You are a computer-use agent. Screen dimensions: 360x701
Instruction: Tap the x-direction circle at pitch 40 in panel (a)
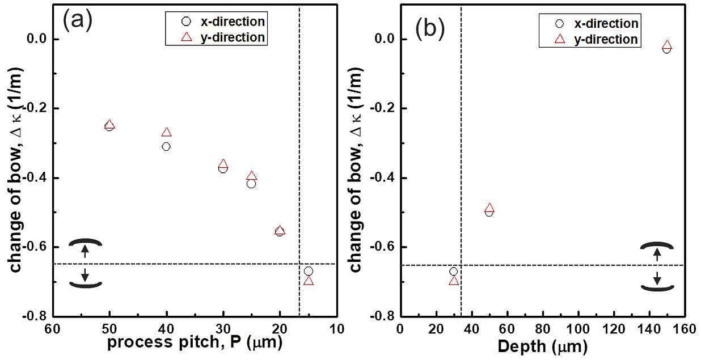pos(166,146)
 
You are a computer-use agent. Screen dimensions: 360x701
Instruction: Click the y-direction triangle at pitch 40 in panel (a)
pos(166,132)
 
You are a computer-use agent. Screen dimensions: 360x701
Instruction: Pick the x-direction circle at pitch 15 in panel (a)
pos(308,271)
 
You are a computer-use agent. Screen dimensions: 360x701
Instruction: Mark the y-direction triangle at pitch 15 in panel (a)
pos(308,281)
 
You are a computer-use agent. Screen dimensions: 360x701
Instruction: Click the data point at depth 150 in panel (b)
pos(667,47)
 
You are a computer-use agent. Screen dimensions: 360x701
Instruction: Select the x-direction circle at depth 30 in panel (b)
pos(453,272)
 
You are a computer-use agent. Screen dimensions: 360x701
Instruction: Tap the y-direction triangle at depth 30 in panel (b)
pos(453,280)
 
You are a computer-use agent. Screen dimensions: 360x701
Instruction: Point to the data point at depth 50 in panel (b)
pos(489,210)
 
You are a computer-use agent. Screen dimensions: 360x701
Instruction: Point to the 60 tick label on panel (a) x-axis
pos(52,328)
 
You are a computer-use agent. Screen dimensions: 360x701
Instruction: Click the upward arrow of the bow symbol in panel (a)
pos(85,251)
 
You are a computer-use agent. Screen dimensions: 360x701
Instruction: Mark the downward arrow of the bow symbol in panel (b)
pos(657,278)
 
